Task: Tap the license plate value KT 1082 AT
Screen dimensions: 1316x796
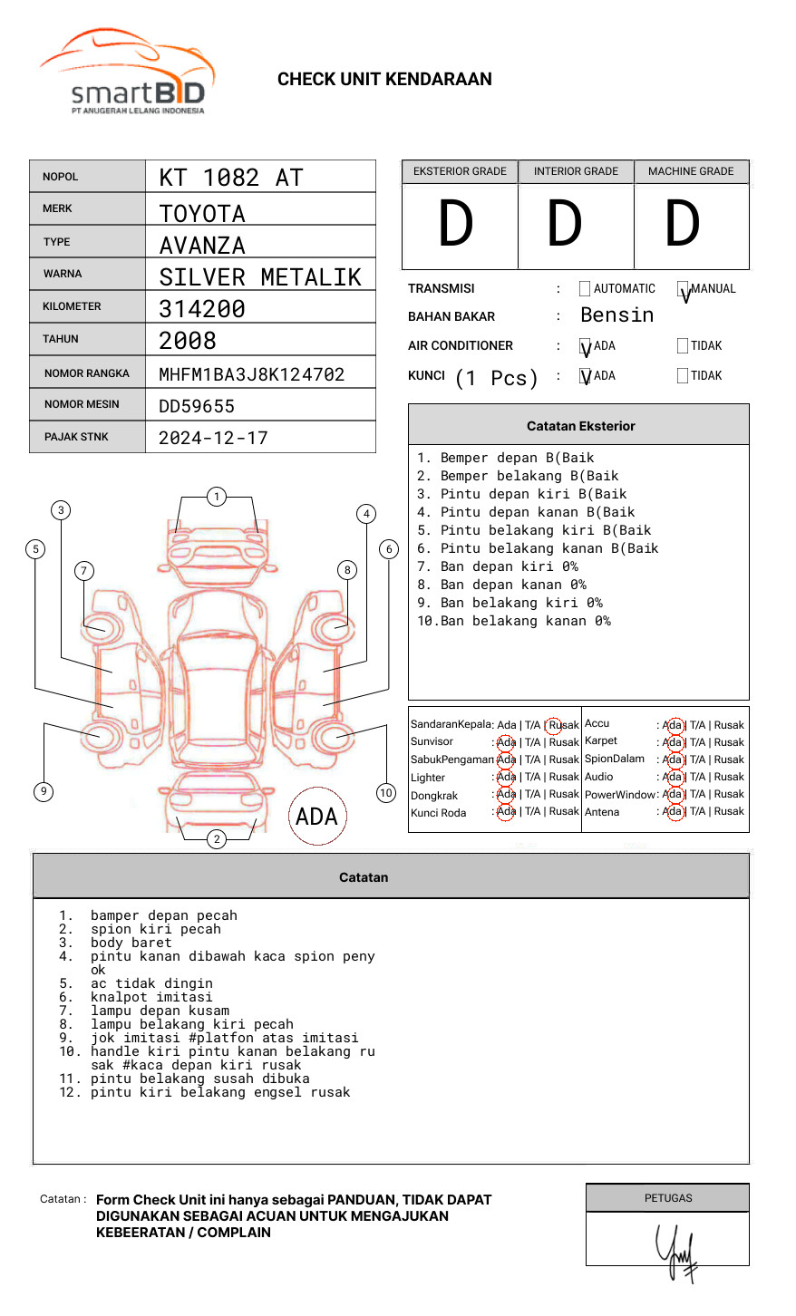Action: tap(231, 178)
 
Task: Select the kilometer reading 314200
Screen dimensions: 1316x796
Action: tap(202, 309)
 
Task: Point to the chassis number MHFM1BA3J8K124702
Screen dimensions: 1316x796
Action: tap(252, 374)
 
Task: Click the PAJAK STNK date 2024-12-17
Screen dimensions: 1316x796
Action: tap(214, 438)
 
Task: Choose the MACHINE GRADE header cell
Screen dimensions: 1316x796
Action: tap(691, 171)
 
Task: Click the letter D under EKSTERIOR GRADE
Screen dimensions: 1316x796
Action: tap(456, 224)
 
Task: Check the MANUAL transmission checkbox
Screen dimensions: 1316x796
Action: tap(683, 289)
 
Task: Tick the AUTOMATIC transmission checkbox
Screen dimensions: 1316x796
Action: tap(585, 289)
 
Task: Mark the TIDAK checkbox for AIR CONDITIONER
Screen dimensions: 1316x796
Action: tap(683, 346)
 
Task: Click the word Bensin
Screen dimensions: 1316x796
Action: tap(616, 315)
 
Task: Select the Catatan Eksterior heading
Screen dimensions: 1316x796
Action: tap(580, 426)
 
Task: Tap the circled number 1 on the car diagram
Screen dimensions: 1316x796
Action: tap(216, 497)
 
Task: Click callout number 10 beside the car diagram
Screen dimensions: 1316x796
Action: tap(386, 793)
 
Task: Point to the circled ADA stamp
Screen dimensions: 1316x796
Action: tap(317, 817)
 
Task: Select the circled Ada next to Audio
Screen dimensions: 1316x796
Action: tap(673, 777)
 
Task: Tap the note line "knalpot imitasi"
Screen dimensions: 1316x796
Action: tap(151, 997)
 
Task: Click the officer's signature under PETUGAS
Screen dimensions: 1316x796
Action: tap(676, 1252)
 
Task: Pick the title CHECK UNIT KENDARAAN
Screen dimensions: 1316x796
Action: tap(384, 80)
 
